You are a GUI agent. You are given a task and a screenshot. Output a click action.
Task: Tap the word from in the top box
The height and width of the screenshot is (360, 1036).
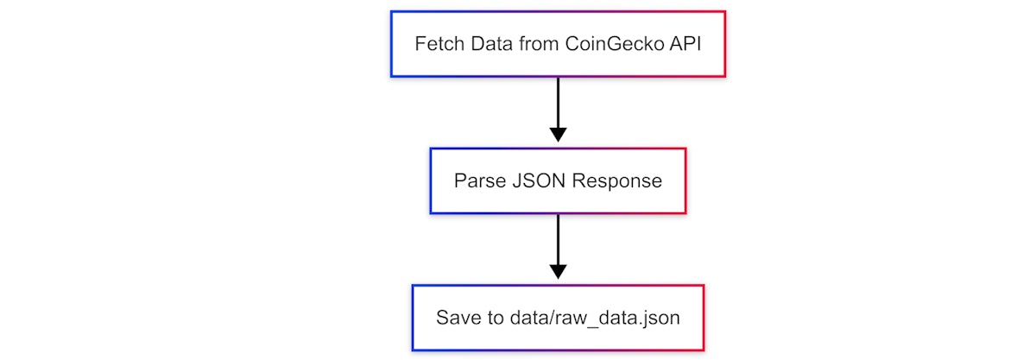coord(538,44)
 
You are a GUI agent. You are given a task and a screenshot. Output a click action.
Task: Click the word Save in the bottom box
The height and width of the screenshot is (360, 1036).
coord(456,318)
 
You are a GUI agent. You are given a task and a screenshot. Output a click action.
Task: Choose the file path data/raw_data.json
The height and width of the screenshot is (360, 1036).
coord(591,318)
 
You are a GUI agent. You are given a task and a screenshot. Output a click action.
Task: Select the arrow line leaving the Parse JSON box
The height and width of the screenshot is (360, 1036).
coord(558,238)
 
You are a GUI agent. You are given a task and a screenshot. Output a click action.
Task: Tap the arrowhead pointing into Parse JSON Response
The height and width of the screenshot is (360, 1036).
coord(558,135)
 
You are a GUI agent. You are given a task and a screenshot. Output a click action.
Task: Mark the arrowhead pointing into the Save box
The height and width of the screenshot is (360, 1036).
coord(558,271)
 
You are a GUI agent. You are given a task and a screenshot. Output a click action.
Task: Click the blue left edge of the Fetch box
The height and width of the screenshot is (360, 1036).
coord(391,44)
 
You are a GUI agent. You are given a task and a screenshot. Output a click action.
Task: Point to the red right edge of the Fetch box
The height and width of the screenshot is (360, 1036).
coord(725,44)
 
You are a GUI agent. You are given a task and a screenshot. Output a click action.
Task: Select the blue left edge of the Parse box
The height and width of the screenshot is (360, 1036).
coord(431,181)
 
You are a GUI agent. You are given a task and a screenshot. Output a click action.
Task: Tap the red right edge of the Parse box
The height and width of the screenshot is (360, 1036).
coord(685,181)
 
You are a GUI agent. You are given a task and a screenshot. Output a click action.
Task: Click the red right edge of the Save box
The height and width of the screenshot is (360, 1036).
coord(704,318)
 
